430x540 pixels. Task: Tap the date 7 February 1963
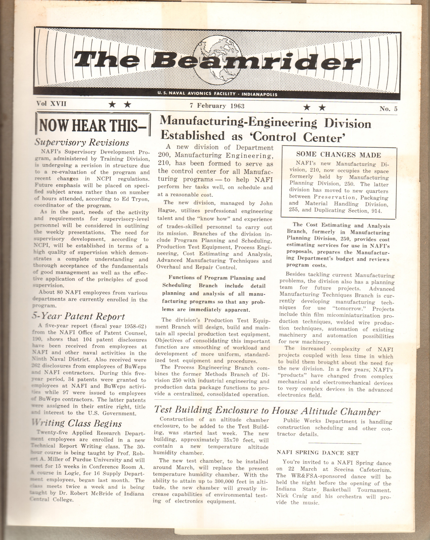pyautogui.click(x=217, y=106)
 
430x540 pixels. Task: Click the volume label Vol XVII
pyautogui.click(x=51, y=104)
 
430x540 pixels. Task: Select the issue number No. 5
pyautogui.click(x=388, y=109)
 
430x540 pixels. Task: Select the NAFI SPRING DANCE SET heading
pyautogui.click(x=318, y=453)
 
